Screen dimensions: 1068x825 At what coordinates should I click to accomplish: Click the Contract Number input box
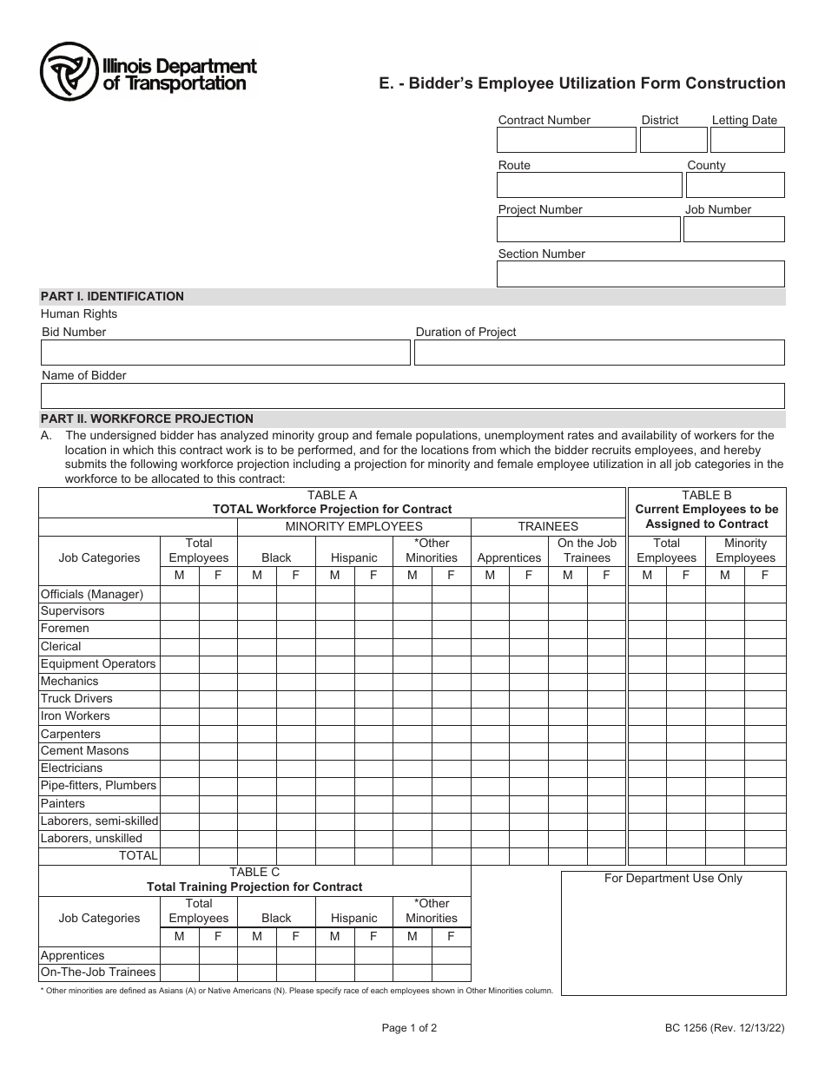click(x=566, y=141)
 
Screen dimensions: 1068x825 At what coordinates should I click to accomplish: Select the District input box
click(x=674, y=141)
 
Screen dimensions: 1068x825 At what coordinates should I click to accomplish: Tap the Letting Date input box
click(x=747, y=141)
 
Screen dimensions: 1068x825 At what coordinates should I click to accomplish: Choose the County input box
click(x=735, y=185)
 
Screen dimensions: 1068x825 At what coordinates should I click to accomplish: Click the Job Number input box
click(x=734, y=229)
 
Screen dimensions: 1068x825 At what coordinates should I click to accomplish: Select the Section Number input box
click(x=640, y=274)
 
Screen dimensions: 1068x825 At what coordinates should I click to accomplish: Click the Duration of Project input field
click(x=599, y=353)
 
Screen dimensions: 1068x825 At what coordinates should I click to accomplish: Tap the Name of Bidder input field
click(x=412, y=396)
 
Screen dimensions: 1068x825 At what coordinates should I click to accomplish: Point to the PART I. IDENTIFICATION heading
click(x=113, y=296)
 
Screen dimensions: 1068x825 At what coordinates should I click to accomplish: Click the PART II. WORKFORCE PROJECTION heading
click(x=148, y=419)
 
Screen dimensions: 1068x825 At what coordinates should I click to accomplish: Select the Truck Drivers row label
click(x=76, y=699)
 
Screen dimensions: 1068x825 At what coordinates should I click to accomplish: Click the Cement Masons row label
click(x=84, y=751)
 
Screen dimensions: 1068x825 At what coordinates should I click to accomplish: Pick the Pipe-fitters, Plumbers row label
click(x=98, y=786)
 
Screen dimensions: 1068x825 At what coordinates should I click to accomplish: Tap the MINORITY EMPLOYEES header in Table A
click(x=354, y=526)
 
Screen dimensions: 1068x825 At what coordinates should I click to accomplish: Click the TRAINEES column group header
click(x=548, y=526)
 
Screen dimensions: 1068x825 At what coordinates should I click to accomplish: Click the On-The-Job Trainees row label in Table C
click(x=98, y=972)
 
